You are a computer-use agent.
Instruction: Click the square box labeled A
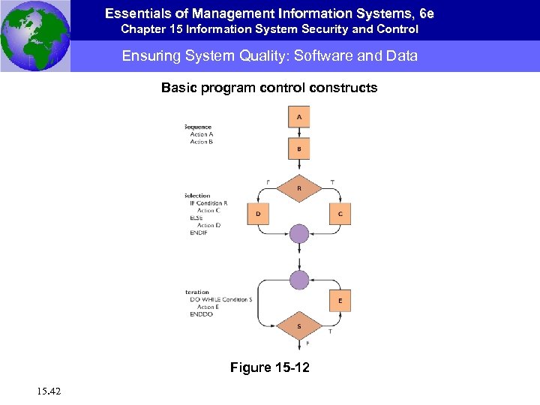point(299,117)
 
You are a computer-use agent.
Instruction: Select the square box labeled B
point(299,148)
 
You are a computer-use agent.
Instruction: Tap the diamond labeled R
point(299,188)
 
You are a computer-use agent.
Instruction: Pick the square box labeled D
point(258,214)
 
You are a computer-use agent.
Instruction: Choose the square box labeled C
point(340,214)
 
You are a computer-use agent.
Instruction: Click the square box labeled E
point(340,301)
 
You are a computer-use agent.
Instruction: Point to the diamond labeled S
point(299,326)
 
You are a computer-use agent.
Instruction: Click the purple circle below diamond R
point(299,233)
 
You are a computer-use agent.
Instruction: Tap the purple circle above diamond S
point(299,280)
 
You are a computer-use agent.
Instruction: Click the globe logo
point(34,35)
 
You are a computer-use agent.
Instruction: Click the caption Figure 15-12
point(269,367)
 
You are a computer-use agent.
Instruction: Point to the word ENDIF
point(199,232)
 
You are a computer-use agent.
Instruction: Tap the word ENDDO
point(202,314)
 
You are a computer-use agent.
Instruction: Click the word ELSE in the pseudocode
point(197,217)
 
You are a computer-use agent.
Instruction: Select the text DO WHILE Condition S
point(221,300)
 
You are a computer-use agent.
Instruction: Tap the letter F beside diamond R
point(268,181)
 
